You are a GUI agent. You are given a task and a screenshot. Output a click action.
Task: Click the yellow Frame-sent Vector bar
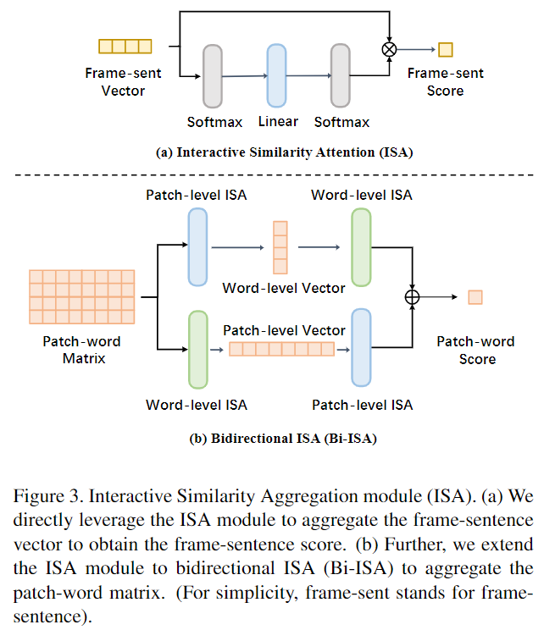[x=125, y=47]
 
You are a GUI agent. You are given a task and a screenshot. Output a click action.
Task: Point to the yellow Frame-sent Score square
[x=446, y=49]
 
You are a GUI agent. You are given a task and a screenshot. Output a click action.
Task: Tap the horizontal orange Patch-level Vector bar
[x=283, y=349]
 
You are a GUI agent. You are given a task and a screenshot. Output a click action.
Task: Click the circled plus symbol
[x=413, y=296]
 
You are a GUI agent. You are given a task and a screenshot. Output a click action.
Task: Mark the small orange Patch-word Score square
[x=475, y=297]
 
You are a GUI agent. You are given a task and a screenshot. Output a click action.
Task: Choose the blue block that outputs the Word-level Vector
[x=197, y=246]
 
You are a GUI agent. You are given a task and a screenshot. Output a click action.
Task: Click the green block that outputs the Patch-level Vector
[x=197, y=348]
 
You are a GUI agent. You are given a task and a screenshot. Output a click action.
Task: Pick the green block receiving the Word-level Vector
[x=361, y=246]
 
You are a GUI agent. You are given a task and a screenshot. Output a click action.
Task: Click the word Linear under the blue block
[x=278, y=121]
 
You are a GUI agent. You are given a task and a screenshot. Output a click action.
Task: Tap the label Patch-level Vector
[x=284, y=330]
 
